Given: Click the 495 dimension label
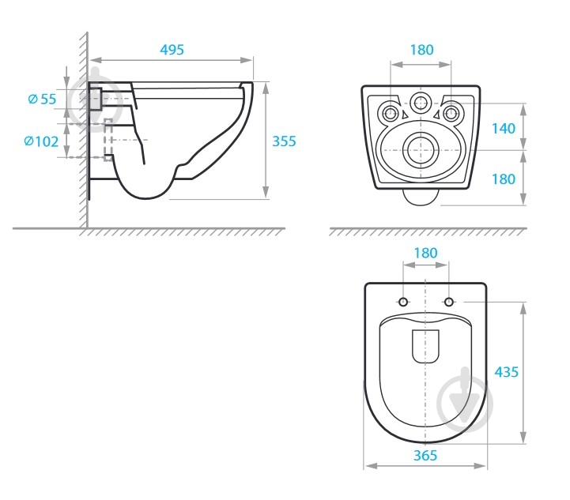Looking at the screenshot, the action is pyautogui.click(x=172, y=50).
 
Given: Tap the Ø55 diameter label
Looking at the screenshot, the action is pyautogui.click(x=42, y=99).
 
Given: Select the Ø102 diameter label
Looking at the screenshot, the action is pyautogui.click(x=41, y=141).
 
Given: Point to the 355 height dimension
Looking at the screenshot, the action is pyautogui.click(x=285, y=141).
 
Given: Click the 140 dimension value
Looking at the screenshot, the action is pyautogui.click(x=504, y=128).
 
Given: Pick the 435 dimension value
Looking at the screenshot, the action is pyautogui.click(x=507, y=372).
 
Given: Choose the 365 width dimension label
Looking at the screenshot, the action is pyautogui.click(x=425, y=455).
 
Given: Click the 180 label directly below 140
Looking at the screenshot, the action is pyautogui.click(x=504, y=179).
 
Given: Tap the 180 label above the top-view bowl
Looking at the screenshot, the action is pyautogui.click(x=425, y=253).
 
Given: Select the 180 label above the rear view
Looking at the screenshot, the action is pyautogui.click(x=421, y=50).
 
